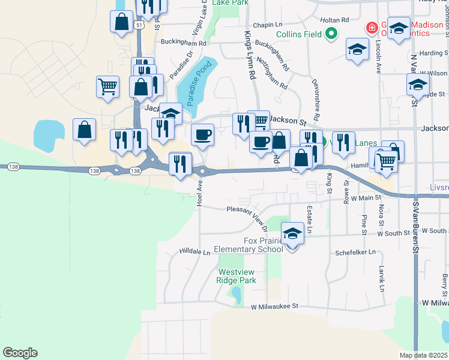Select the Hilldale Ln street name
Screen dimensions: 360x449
pyautogui.click(x=194, y=253)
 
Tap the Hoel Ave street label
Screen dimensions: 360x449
pyautogui.click(x=199, y=194)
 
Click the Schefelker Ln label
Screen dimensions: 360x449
pyautogui.click(x=355, y=253)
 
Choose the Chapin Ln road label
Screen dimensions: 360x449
pyautogui.click(x=267, y=25)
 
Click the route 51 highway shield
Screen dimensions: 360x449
pyautogui.click(x=139, y=26)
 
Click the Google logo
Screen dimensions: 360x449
pyautogui.click(x=20, y=353)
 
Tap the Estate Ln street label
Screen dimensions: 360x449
pyautogui.click(x=310, y=220)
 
